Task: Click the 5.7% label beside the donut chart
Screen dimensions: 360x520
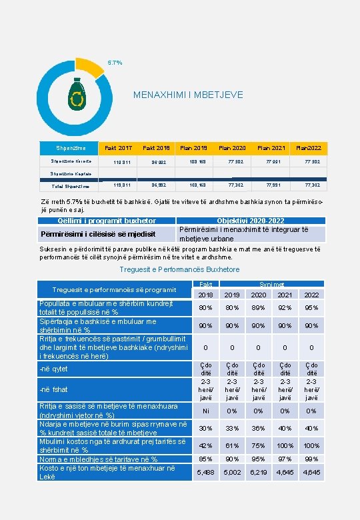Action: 115,63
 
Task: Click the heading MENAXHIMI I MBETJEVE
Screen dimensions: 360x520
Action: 188,95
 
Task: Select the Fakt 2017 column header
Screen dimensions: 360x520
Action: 119,147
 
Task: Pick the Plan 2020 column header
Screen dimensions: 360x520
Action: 233,147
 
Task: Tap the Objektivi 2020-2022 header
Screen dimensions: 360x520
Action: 251,221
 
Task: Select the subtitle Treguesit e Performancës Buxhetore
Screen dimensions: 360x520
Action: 179,269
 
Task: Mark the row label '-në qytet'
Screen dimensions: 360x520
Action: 54,369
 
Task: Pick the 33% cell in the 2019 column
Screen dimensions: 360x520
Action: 231,428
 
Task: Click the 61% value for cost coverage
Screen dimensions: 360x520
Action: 231,445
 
